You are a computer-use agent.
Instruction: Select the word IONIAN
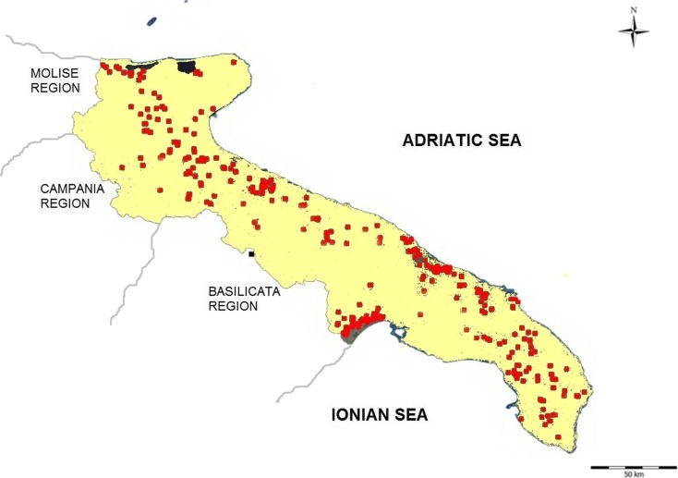tap(361, 414)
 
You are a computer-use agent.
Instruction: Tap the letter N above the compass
tap(633, 10)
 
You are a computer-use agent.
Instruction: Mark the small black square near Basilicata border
tap(250, 253)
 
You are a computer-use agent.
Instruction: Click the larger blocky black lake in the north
tap(188, 67)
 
